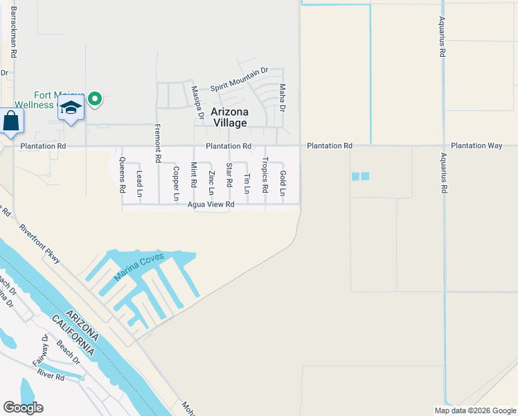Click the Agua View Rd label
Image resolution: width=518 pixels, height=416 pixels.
[211, 205]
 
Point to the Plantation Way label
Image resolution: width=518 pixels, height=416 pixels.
[476, 146]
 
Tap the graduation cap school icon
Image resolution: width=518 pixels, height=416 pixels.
[71, 108]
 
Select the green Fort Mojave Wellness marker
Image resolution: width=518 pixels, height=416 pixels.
[96, 100]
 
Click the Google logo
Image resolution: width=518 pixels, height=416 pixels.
[23, 408]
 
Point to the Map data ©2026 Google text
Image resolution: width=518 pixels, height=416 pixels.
[474, 410]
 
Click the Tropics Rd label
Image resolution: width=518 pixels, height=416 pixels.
[265, 175]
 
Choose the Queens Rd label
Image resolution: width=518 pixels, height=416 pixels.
[122, 175]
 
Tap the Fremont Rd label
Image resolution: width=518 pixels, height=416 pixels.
[158, 143]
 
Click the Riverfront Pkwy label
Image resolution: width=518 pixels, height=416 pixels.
[39, 243]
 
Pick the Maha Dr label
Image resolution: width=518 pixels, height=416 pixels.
[282, 98]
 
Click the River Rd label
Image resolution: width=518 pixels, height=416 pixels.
[51, 376]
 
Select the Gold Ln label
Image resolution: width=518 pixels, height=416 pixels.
[283, 182]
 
